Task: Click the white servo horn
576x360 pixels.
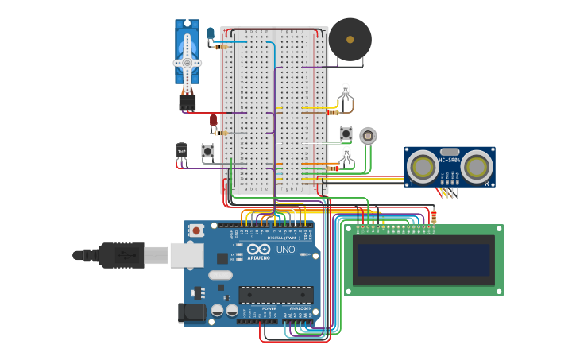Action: pos(187,62)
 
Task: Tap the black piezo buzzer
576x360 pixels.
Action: pos(350,39)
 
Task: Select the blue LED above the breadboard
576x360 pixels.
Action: pos(211,33)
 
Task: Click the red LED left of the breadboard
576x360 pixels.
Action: pos(213,120)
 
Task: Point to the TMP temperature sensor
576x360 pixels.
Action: pos(181,150)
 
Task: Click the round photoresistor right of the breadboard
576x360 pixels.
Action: pos(367,135)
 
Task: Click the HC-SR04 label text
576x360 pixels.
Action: pos(449,161)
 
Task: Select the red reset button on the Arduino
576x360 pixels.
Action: pos(196,230)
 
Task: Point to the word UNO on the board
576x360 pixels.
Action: pos(285,250)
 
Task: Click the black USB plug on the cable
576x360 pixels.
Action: pos(119,255)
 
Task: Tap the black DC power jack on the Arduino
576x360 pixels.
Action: pos(193,312)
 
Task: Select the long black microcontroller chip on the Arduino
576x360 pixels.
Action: pos(276,295)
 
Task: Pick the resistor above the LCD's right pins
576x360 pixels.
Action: pos(433,215)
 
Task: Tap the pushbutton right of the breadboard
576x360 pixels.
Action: pos(346,134)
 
